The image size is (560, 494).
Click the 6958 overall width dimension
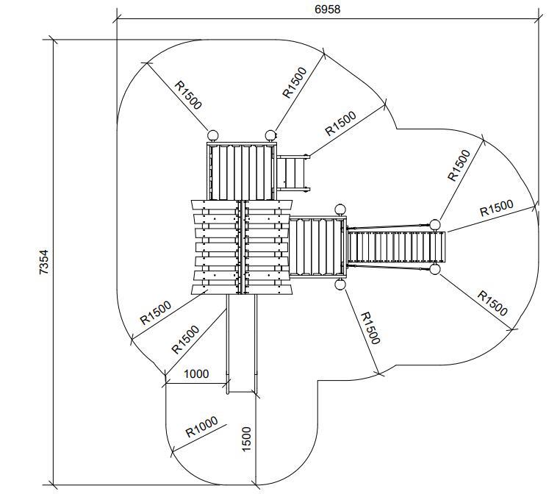tap(327, 9)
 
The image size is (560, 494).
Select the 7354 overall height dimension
tap(45, 262)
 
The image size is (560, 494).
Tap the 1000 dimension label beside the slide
tap(195, 373)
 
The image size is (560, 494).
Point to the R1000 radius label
tap(201, 427)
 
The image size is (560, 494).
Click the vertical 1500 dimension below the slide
tap(247, 440)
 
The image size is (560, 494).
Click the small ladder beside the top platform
tap(294, 173)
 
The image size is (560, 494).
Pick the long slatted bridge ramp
tap(396, 246)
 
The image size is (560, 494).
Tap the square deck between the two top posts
tap(241, 171)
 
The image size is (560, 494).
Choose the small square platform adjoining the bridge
tap(317, 246)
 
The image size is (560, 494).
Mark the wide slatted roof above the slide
tap(241, 247)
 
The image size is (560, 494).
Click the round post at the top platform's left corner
tap(213, 135)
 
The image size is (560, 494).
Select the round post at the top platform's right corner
tap(270, 135)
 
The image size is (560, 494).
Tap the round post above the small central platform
tap(340, 210)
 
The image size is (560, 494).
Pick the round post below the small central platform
tap(340, 283)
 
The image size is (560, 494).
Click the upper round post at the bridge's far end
tap(435, 224)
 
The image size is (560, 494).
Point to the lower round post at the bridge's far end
tap(435, 270)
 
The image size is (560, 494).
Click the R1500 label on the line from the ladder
tap(340, 123)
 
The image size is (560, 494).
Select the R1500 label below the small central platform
tap(369, 327)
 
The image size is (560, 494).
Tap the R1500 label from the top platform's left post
tap(188, 94)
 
